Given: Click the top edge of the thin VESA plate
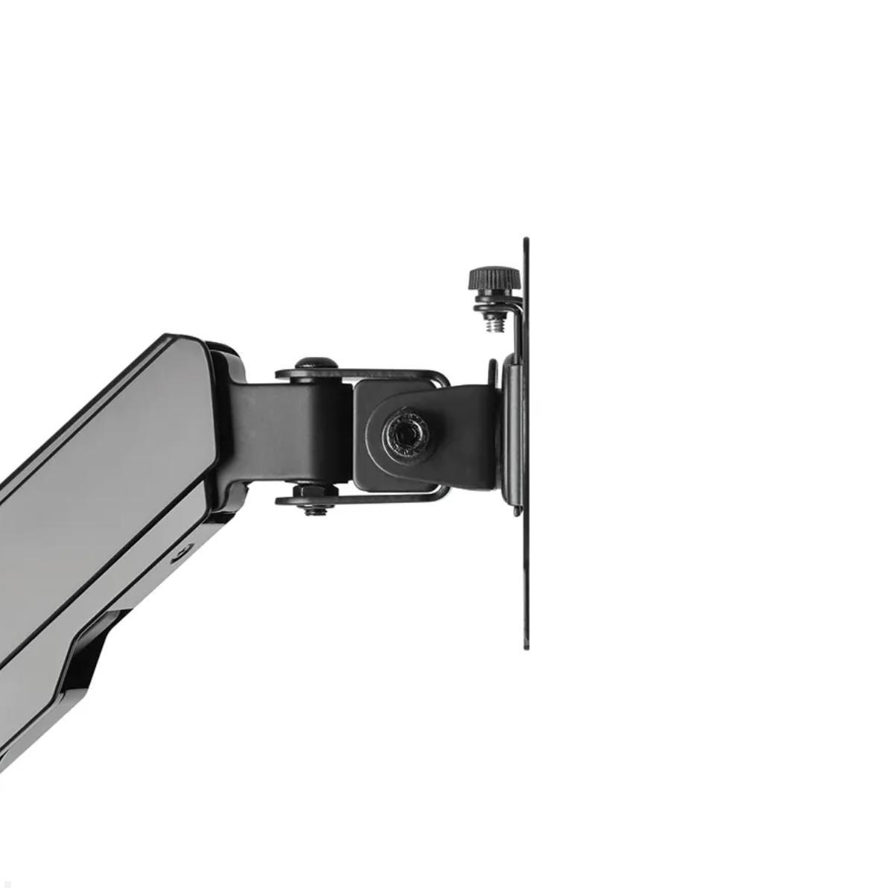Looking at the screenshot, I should [526, 241].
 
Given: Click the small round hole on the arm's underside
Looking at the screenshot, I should [180, 553].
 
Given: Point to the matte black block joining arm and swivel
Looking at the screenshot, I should [283, 432].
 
